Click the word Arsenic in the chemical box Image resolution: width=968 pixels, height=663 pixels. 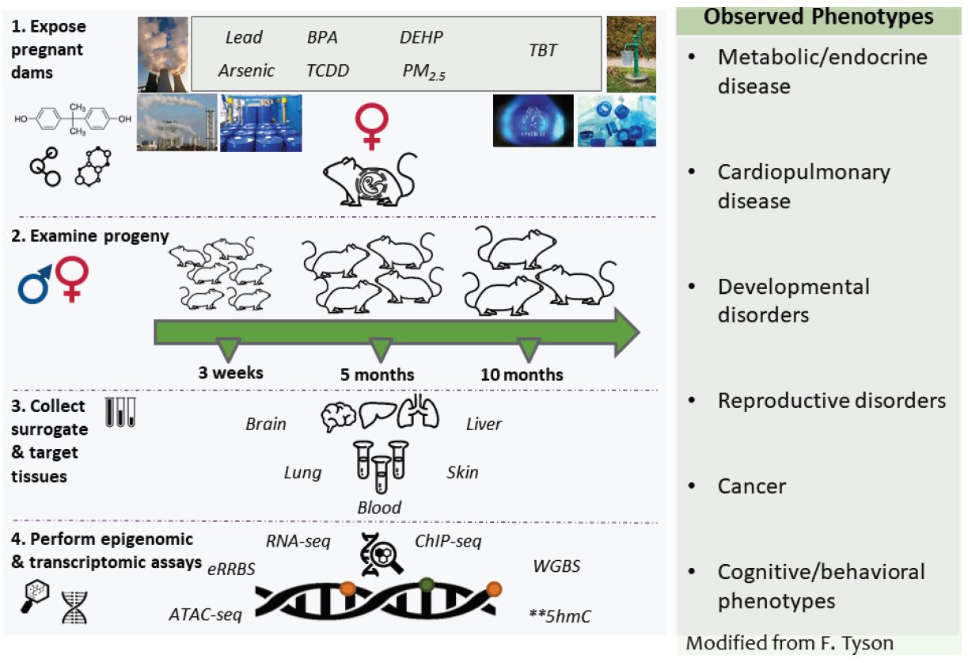click(246, 70)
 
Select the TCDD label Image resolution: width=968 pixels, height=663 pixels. click(328, 70)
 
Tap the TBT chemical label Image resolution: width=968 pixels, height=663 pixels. click(542, 51)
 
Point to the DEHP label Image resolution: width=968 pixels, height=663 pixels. click(421, 37)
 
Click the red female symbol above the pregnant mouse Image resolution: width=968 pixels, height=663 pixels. click(369, 127)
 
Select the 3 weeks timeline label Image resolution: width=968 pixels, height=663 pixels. click(231, 373)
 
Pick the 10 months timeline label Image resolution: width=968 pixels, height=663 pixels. click(522, 375)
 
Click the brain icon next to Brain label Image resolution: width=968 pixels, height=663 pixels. click(339, 417)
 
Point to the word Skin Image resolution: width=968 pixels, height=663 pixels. click(462, 472)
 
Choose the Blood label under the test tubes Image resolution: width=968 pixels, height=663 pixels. click(379, 507)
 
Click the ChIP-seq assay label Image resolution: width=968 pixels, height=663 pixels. click(448, 542)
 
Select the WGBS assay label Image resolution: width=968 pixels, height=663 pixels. click(556, 567)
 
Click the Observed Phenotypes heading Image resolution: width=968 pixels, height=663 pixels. click(818, 17)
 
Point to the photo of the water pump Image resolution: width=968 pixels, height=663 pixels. click(631, 53)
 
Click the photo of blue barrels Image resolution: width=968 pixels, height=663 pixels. click(260, 123)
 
